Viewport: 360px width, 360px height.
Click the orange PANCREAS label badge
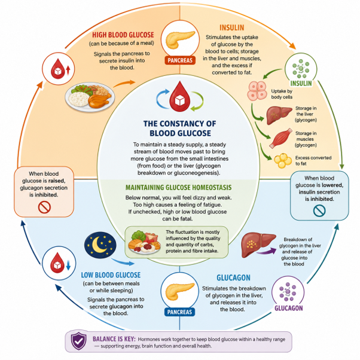pyautogui.click(x=180, y=60)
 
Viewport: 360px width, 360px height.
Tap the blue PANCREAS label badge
pyautogui.click(x=179, y=312)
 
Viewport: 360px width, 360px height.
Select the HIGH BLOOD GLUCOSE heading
pyautogui.click(x=123, y=35)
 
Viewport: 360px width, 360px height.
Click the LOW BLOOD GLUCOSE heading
pyautogui.click(x=111, y=275)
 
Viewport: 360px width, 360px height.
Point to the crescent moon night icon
pyautogui.click(x=100, y=245)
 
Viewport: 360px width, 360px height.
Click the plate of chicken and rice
pyautogui.click(x=90, y=97)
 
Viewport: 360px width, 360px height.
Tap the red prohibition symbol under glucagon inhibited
pyautogui.click(x=44, y=207)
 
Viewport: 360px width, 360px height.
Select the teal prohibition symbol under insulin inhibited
pyautogui.click(x=319, y=210)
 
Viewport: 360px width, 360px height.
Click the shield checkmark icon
pyautogui.click(x=79, y=341)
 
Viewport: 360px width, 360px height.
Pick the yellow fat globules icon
pyautogui.click(x=283, y=160)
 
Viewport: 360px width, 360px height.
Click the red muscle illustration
pyautogui.click(x=280, y=139)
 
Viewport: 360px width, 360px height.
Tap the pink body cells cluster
pyautogui.click(x=257, y=91)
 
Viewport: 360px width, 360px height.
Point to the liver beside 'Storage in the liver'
pyautogui.click(x=279, y=115)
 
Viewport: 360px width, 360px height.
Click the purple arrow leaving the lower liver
pyautogui.click(x=267, y=251)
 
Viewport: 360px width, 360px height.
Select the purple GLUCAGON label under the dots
pyautogui.click(x=289, y=308)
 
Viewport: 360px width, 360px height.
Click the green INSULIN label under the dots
pyautogui.click(x=301, y=83)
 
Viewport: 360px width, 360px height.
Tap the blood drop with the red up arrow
pyautogui.click(x=59, y=69)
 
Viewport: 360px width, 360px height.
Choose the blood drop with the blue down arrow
pyautogui.click(x=59, y=263)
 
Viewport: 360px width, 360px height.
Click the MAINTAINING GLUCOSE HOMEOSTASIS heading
pyautogui.click(x=178, y=188)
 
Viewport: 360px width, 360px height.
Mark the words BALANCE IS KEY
pyautogui.click(x=114, y=339)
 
